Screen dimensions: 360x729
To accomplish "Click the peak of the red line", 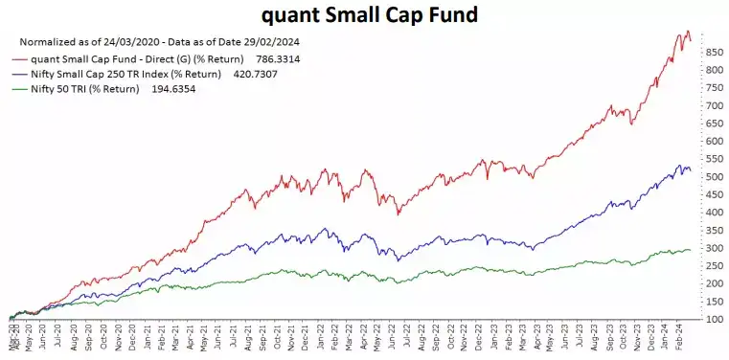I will [x=687, y=32].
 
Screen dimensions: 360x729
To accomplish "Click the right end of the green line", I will [x=690, y=250].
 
